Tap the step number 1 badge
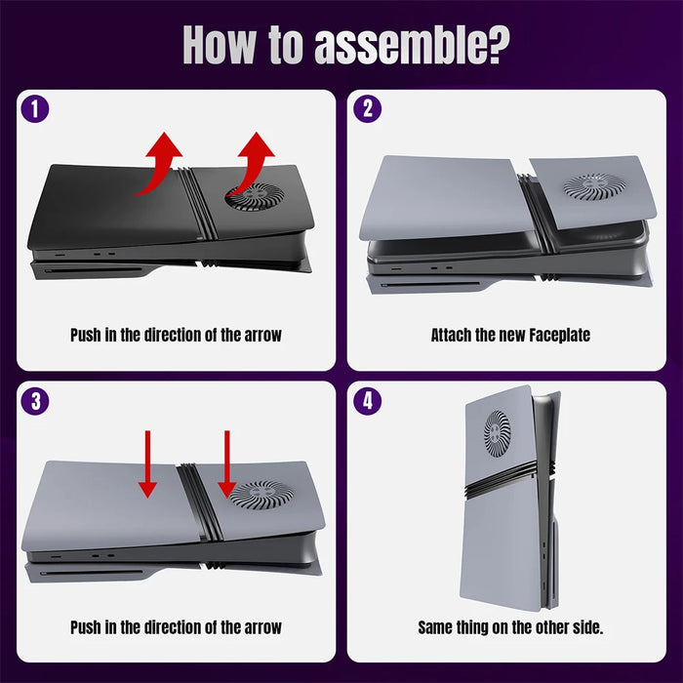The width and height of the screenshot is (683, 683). pos(35,108)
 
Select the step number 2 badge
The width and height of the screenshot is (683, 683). pos(367,108)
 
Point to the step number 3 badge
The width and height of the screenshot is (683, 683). pos(35,401)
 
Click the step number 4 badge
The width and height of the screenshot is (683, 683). pos(367,401)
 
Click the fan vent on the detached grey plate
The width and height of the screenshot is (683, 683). pos(591,186)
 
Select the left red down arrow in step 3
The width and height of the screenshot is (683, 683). pos(147,464)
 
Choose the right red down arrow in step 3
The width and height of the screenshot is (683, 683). pos(227,464)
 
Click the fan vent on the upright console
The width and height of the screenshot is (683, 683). pos(497,434)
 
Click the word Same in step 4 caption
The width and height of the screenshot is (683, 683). pos(435,627)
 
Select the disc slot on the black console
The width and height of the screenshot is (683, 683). pos(93,270)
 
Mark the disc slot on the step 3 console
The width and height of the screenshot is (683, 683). pos(92,573)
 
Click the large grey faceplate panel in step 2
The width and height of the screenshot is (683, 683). pos(444,198)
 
